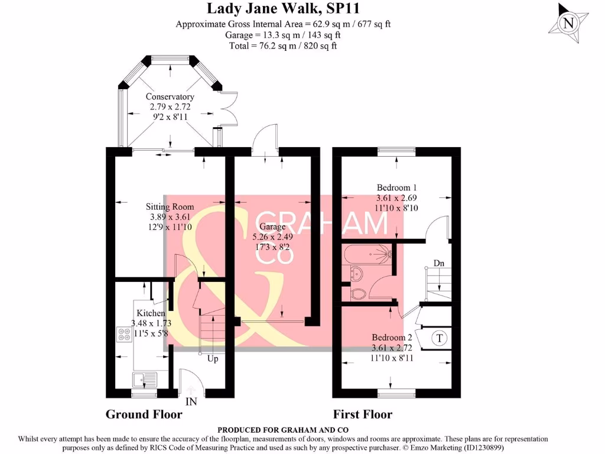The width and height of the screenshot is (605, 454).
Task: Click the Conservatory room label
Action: click(x=170, y=97)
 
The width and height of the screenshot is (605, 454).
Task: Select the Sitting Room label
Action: click(x=170, y=207)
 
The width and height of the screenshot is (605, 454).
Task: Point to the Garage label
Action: click(x=272, y=227)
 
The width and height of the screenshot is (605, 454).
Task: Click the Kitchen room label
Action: click(x=151, y=313)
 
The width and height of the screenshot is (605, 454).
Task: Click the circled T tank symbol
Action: click(x=439, y=339)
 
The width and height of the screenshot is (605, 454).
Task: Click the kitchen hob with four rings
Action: click(x=124, y=335)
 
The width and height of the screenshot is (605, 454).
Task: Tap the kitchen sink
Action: click(x=142, y=378)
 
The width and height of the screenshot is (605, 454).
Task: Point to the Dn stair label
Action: click(x=438, y=262)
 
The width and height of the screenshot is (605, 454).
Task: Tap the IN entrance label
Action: click(x=191, y=403)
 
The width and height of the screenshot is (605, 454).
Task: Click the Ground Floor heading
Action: click(x=144, y=414)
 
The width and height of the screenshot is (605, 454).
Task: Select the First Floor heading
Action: click(x=362, y=414)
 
